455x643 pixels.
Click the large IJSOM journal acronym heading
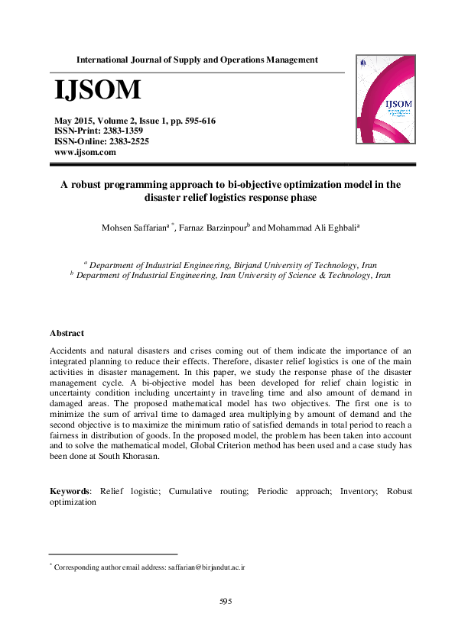point(97,90)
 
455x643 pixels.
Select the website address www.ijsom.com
point(84,152)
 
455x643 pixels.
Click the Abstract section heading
point(67,334)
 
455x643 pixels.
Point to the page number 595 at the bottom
point(226,602)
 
